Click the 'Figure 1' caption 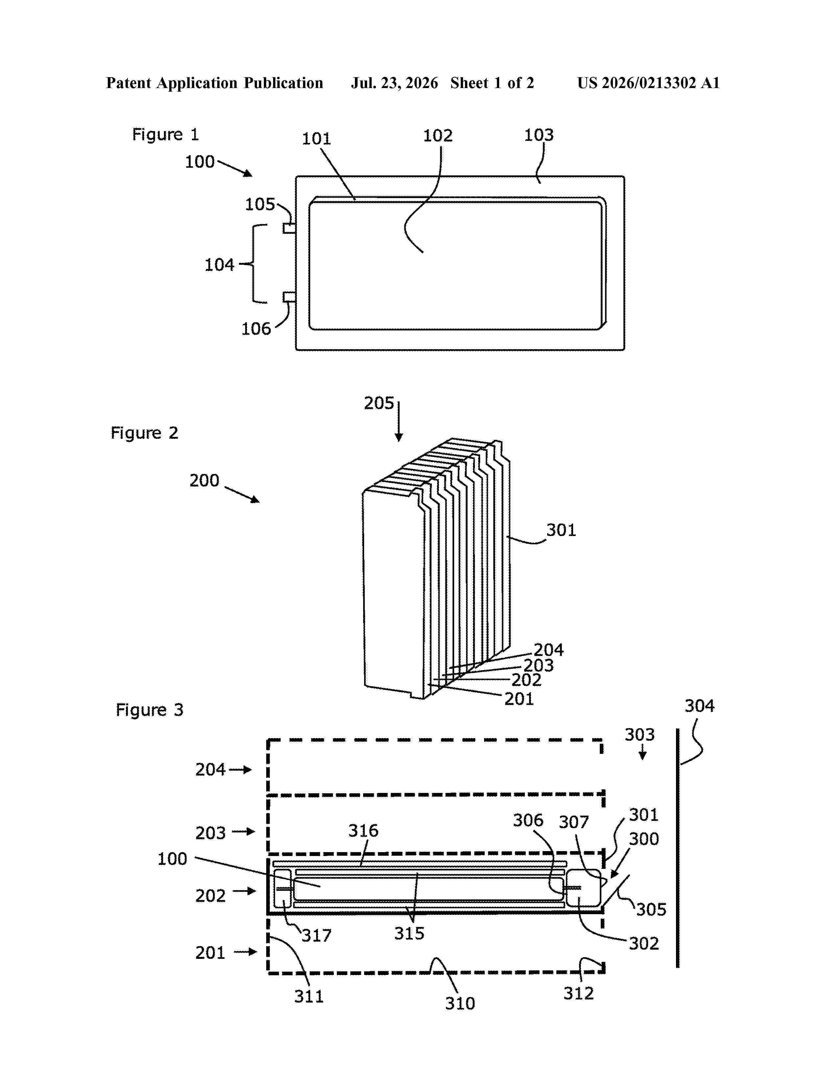point(165,134)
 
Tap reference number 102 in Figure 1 point(437,135)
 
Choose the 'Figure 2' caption point(144,433)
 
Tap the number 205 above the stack point(379,403)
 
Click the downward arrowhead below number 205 point(398,437)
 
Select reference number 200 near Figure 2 point(204,481)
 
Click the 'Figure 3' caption point(150,710)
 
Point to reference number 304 point(700,706)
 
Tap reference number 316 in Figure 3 point(363,830)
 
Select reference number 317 point(316,936)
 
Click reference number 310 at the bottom point(460,1003)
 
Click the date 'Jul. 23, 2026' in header point(395,83)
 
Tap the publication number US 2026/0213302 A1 point(648,83)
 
